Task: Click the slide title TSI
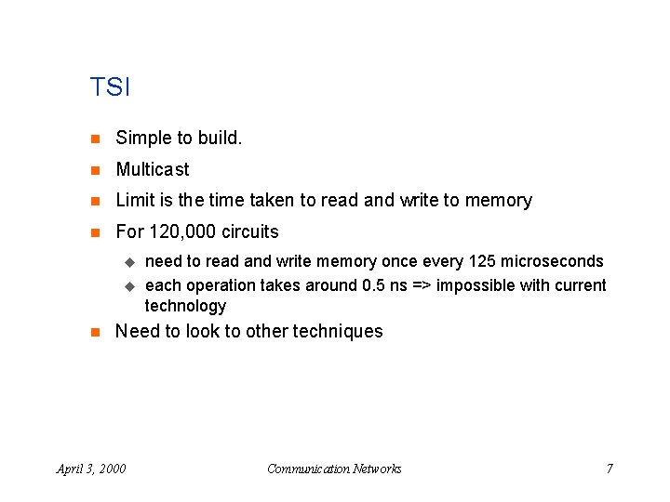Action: pos(110,88)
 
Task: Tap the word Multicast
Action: pos(152,169)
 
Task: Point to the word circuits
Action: pos(249,231)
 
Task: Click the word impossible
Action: pos(476,285)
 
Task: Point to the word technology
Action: pos(185,306)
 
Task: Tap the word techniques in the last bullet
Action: pos(338,331)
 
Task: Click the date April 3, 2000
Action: pos(91,469)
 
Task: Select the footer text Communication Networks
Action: pos(334,469)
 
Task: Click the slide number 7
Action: pos(610,469)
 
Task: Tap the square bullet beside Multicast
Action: pos(94,170)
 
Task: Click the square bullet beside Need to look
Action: pos(94,332)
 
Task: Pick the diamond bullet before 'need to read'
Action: pos(130,262)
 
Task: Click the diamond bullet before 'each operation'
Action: pos(130,286)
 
